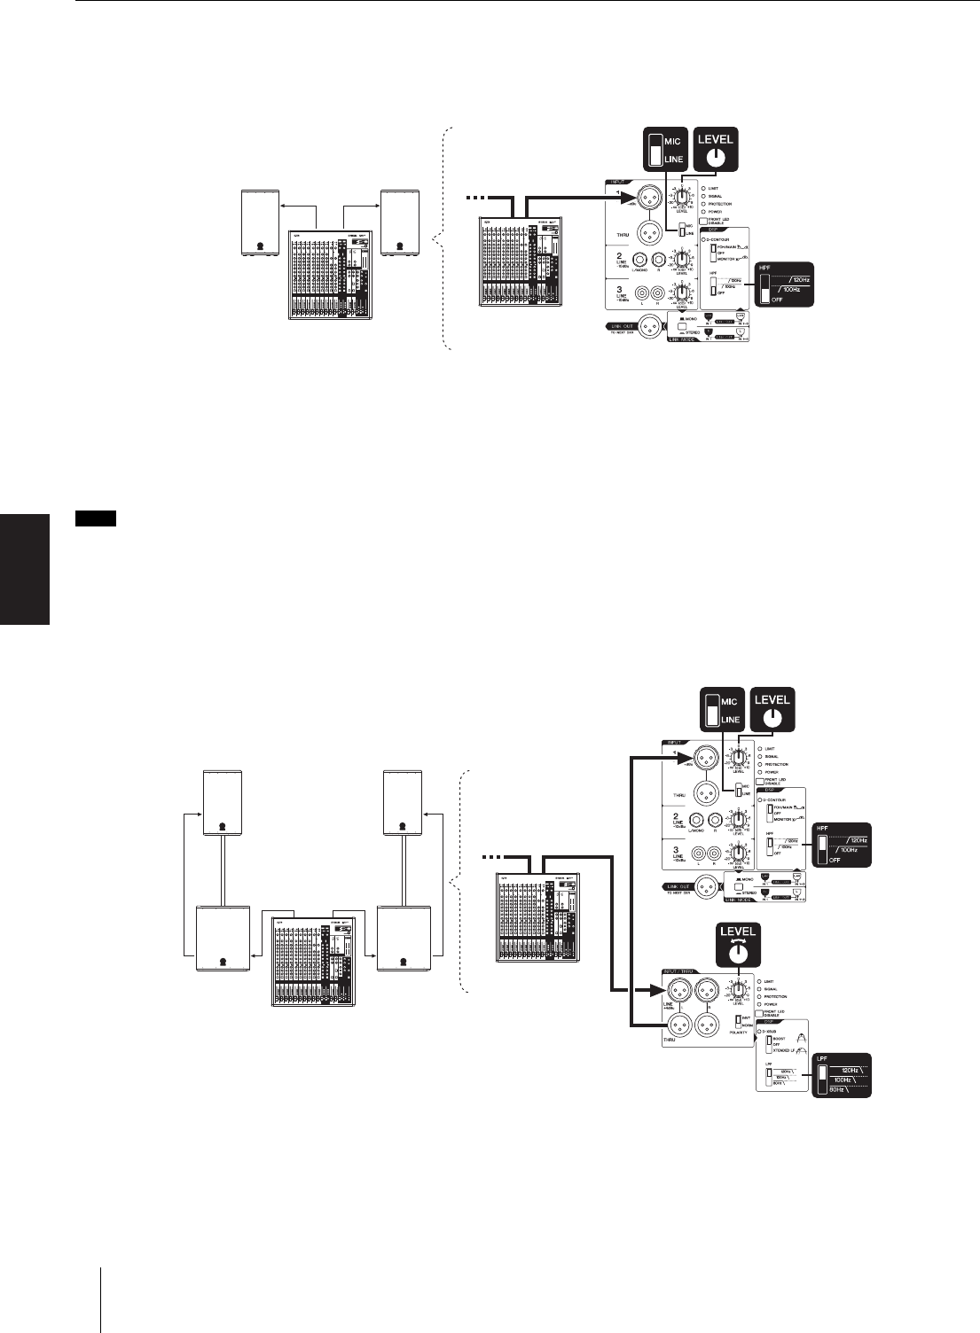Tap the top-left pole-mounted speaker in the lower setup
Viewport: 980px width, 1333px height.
[x=222, y=803]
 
